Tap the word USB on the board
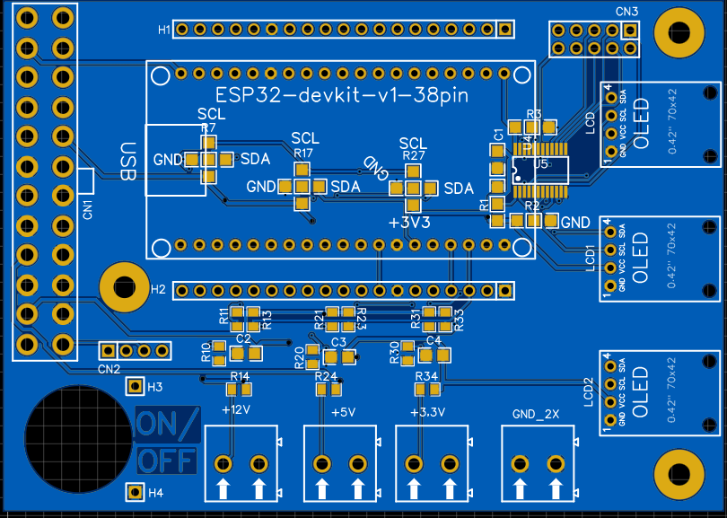click(128, 162)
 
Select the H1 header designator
click(164, 30)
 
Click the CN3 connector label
click(627, 12)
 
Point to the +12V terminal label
click(235, 409)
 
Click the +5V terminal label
click(343, 413)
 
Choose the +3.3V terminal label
click(426, 413)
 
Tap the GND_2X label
click(536, 414)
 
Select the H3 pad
click(135, 387)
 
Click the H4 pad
click(135, 492)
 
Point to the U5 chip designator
click(540, 164)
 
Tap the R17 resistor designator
click(303, 154)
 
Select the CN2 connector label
click(109, 369)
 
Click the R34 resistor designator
click(426, 375)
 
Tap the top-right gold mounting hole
click(676, 31)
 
